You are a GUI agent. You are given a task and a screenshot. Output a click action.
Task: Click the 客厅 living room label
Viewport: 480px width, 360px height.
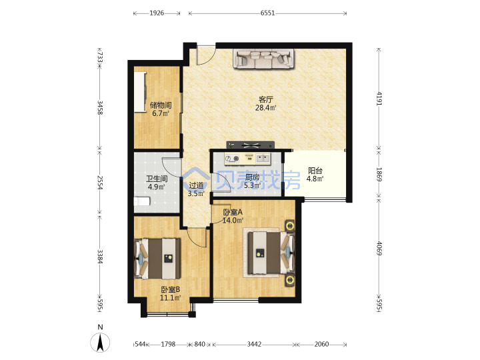click(x=266, y=99)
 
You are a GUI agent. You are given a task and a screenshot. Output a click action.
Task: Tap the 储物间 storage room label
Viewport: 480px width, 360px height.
click(x=161, y=105)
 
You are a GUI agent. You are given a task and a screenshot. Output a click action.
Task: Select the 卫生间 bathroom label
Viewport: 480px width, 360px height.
click(x=157, y=179)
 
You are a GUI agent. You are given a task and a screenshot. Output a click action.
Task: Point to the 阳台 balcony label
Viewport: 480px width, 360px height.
click(x=315, y=171)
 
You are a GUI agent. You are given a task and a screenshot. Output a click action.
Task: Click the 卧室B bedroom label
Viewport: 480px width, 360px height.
click(x=170, y=289)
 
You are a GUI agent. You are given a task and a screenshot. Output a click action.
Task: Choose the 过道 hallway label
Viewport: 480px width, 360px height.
click(x=196, y=185)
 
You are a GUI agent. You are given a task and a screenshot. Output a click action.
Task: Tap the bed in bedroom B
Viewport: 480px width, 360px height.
click(x=157, y=259)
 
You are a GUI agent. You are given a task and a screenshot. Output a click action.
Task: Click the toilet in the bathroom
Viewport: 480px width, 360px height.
click(x=142, y=201)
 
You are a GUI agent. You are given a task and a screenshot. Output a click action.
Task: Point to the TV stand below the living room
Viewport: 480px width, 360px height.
click(x=251, y=145)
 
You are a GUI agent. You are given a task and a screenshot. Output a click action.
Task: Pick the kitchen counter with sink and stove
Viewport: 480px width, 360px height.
click(x=247, y=159)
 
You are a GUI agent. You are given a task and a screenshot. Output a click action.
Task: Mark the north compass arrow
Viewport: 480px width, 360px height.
click(x=100, y=342)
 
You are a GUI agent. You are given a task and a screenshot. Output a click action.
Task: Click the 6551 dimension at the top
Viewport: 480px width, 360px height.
click(x=267, y=13)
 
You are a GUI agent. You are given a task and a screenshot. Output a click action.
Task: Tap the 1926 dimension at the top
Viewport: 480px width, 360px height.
click(x=157, y=13)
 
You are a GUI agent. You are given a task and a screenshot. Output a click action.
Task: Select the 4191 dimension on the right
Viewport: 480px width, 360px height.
click(x=379, y=99)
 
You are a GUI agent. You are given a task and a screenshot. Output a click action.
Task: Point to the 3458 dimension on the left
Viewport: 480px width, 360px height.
click(x=100, y=107)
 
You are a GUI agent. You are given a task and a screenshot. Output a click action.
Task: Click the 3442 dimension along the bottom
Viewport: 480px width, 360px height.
click(x=254, y=345)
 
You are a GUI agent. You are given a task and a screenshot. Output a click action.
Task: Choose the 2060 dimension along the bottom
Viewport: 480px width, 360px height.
click(x=321, y=345)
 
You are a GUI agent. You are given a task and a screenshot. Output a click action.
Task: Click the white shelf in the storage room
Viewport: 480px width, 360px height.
click(x=140, y=92)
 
